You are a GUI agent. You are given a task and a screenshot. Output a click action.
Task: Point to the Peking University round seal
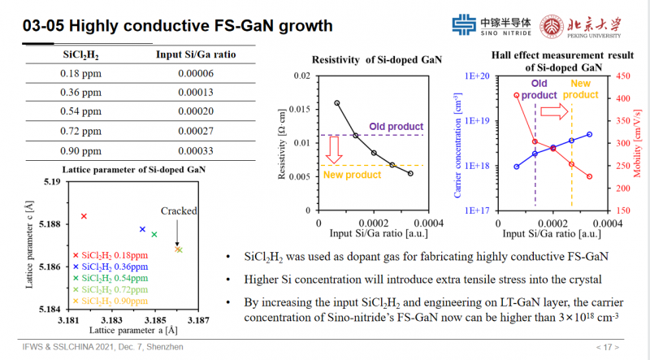point(554,26)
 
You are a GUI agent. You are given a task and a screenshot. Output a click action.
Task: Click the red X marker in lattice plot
point(84,216)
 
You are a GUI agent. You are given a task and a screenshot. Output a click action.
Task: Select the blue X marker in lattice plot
point(143,229)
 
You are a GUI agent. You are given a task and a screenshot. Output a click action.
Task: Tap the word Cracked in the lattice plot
point(179,211)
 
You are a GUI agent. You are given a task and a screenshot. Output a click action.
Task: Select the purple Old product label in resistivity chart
point(396,127)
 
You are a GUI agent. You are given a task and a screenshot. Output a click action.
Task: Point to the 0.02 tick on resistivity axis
point(301,76)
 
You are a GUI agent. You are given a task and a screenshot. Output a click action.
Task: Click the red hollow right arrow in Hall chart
point(555,111)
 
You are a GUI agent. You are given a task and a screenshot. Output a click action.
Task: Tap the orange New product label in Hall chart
point(581,89)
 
